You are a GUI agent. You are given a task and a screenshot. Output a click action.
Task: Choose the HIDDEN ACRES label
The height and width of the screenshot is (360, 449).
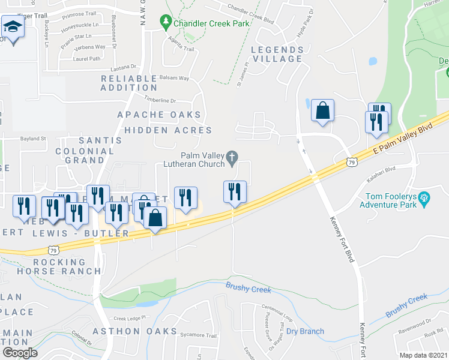pyautogui.click(x=168, y=130)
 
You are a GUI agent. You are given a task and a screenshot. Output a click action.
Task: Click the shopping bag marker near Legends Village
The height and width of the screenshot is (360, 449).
pyautogui.click(x=322, y=111)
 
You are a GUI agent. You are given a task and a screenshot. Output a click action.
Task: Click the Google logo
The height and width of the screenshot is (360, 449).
pyautogui.click(x=20, y=353)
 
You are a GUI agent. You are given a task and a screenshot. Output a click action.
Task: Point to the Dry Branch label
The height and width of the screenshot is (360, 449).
pyautogui.click(x=305, y=331)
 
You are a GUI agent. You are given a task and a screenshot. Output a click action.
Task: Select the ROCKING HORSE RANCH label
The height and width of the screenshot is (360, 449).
pyautogui.click(x=68, y=266)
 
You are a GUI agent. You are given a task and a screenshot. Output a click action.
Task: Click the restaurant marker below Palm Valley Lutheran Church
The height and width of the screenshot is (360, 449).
pyautogui.click(x=234, y=192)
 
